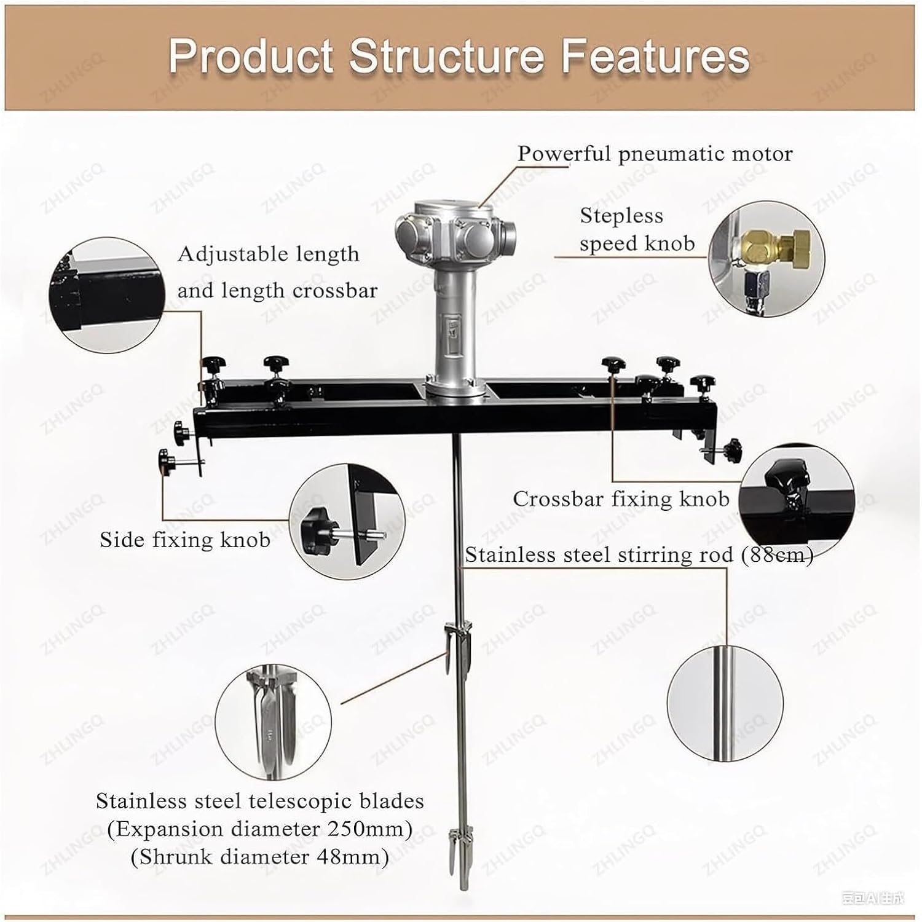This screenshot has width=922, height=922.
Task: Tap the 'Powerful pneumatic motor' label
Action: (x=655, y=154)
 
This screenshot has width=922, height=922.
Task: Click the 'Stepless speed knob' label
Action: (x=637, y=229)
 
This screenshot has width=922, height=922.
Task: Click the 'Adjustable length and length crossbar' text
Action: (x=277, y=272)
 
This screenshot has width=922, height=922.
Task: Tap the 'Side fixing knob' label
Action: (x=185, y=540)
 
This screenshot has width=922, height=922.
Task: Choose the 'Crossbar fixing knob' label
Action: (x=621, y=498)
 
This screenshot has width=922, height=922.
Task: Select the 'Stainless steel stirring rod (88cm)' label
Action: (x=639, y=555)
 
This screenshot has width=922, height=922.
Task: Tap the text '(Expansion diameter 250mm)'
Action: (x=259, y=829)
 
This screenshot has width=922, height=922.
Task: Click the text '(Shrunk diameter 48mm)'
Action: (x=259, y=856)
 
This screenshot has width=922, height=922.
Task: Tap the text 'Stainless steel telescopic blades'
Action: (x=259, y=802)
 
